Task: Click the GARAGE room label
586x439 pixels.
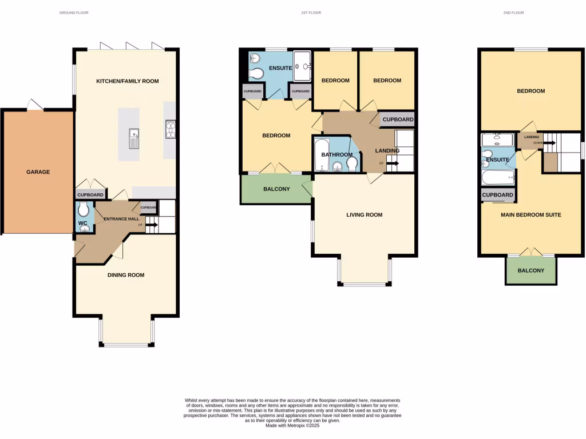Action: [38, 171]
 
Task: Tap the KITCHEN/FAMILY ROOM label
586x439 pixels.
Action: [127, 81]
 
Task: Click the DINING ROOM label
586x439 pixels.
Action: [126, 275]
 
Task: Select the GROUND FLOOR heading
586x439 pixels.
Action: [74, 13]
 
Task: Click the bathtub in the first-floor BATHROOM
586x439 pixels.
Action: [320, 154]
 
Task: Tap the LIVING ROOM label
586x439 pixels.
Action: [364, 215]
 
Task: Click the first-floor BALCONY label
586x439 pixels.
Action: [276, 189]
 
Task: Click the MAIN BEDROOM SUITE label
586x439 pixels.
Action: [530, 215]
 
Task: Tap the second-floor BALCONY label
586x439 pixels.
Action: [530, 270]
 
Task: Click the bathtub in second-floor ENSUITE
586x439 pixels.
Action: [498, 178]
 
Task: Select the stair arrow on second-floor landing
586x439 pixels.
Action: [549, 143]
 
